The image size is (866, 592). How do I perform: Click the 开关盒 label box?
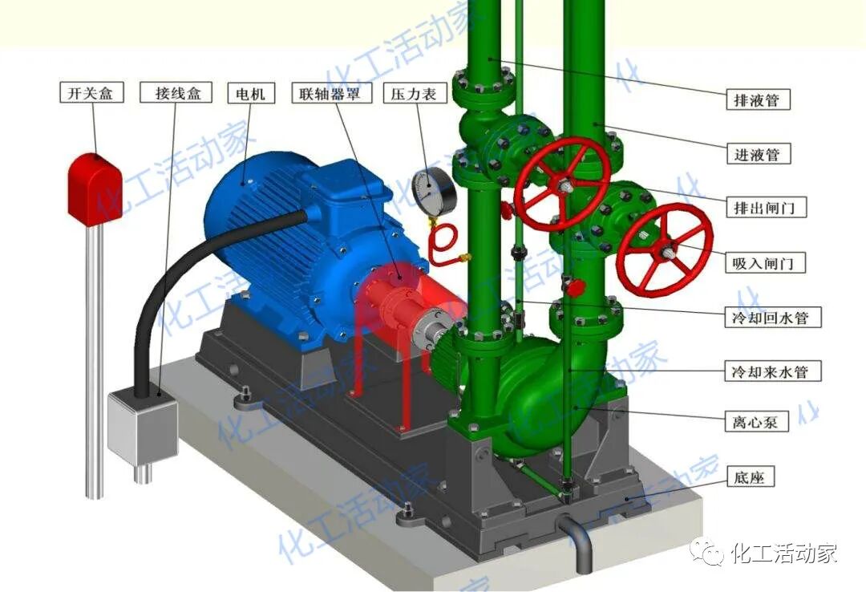(91, 93)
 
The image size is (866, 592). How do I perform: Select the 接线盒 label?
(176, 93)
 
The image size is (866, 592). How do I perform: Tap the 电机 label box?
(251, 93)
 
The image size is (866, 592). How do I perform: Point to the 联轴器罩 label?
(331, 93)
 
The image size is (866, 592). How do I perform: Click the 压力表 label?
(415, 93)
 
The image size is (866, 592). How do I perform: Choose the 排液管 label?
(758, 99)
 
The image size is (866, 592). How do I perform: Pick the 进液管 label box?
(758, 154)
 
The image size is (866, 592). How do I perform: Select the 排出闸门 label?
(766, 207)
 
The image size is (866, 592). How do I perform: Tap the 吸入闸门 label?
(765, 262)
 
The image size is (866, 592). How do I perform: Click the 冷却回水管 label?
(773, 317)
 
